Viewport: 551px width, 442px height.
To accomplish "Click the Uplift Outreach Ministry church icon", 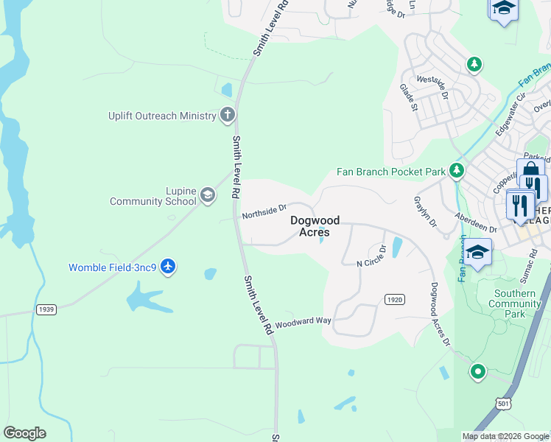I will point(228,115).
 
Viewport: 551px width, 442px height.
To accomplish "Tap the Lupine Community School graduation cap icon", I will point(207,195).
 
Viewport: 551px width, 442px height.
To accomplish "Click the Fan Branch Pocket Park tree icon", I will point(457,171).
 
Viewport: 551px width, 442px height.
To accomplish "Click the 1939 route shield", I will point(46,310).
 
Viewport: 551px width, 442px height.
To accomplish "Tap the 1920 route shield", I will point(394,298).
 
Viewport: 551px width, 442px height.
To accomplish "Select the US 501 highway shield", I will point(502,403).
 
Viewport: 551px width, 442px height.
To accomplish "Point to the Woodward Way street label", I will point(303,321).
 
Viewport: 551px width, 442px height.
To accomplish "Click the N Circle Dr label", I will point(371,257).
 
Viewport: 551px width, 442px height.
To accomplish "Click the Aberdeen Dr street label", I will point(476,225).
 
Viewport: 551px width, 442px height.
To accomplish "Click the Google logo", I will point(24,433).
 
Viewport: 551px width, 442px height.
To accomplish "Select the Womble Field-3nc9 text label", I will point(112,267).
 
